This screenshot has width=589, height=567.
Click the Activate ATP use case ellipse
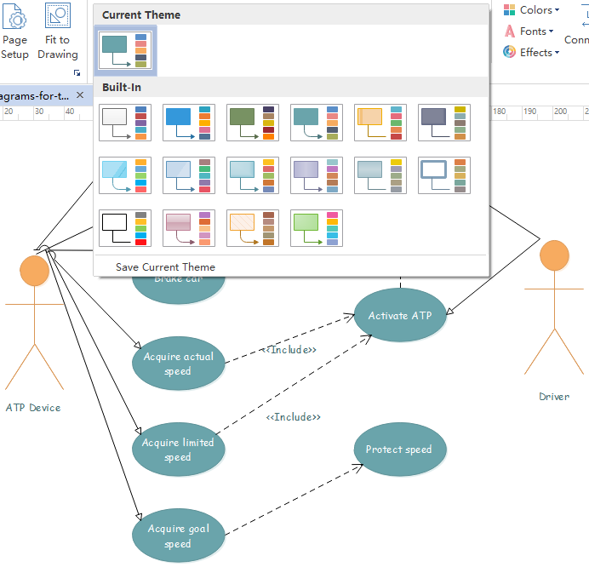(399, 316)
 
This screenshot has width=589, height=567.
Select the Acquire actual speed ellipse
(178, 364)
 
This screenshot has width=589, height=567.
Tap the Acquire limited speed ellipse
(178, 450)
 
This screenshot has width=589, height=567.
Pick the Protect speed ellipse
(399, 450)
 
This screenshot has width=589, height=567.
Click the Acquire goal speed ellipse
(178, 535)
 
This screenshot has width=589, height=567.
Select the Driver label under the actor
(554, 397)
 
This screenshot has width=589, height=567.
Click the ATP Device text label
(33, 408)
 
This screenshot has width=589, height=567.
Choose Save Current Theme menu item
(165, 267)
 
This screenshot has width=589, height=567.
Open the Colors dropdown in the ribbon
(532, 10)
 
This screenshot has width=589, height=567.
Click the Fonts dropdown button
(529, 31)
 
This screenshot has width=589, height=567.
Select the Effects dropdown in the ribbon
(531, 52)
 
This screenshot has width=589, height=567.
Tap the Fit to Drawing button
(58, 34)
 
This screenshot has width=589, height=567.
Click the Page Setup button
(14, 34)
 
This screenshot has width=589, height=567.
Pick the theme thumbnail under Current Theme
(124, 50)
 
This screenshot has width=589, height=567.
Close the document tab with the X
(80, 95)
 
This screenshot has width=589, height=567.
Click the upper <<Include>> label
(290, 350)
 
